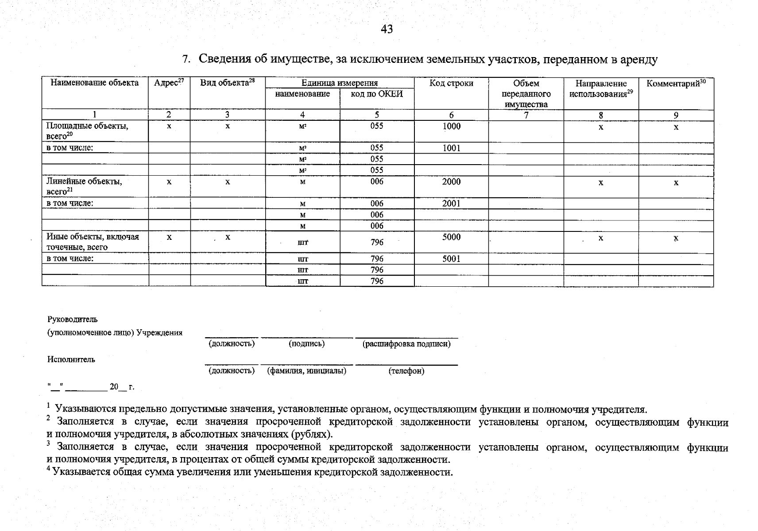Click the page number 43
[387, 29]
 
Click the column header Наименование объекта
[95, 83]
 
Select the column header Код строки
[451, 83]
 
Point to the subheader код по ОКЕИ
[377, 94]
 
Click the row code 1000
[451, 126]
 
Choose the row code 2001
[451, 204]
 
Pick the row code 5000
[451, 237]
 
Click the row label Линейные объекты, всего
[84, 186]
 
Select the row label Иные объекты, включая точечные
[93, 242]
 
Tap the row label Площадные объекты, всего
[87, 131]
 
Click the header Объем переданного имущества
[526, 94]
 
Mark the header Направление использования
[601, 88]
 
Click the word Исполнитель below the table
[71, 359]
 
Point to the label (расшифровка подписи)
[406, 344]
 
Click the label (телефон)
[406, 371]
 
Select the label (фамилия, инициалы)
[306, 371]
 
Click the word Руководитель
[72, 319]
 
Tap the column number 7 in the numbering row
[526, 115]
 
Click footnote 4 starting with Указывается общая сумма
[250, 472]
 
